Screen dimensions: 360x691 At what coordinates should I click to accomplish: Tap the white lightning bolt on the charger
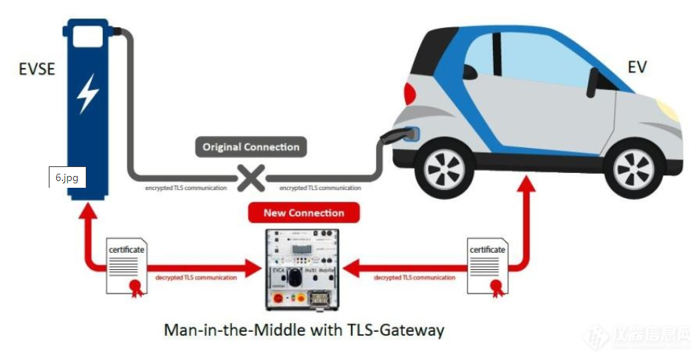[88, 92]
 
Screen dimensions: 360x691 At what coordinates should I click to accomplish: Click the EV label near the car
[636, 67]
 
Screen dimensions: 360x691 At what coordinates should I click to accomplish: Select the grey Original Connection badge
[251, 147]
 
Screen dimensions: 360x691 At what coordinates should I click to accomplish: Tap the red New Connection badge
[304, 213]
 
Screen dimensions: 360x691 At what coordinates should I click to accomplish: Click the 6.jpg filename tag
[67, 178]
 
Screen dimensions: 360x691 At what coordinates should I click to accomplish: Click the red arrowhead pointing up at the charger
[87, 208]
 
